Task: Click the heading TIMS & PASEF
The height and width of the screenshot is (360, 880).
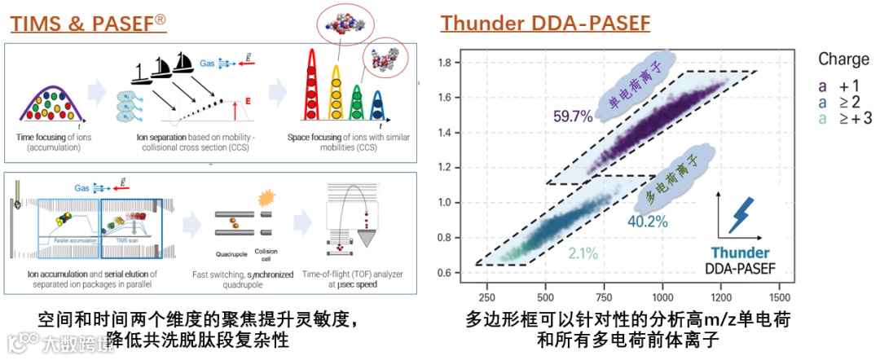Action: click(88, 23)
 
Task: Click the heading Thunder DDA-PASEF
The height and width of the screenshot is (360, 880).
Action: click(545, 23)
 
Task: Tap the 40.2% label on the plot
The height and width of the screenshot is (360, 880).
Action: click(649, 221)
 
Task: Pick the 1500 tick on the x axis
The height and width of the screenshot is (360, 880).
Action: click(780, 297)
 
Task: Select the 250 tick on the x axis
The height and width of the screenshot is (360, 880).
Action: click(486, 297)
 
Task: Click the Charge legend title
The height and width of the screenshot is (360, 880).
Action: click(843, 59)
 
